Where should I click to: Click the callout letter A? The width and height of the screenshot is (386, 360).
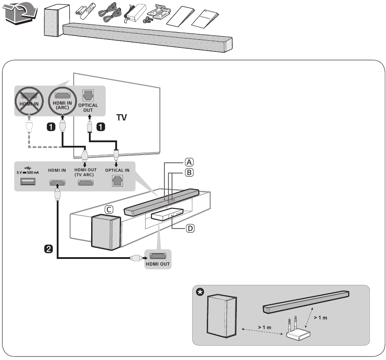click(190, 162)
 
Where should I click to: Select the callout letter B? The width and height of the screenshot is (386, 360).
click(190, 173)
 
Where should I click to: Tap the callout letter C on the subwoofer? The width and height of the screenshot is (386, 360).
click(108, 209)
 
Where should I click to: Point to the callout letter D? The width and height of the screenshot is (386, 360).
click(190, 229)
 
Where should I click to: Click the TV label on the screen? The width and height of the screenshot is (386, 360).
click(122, 118)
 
